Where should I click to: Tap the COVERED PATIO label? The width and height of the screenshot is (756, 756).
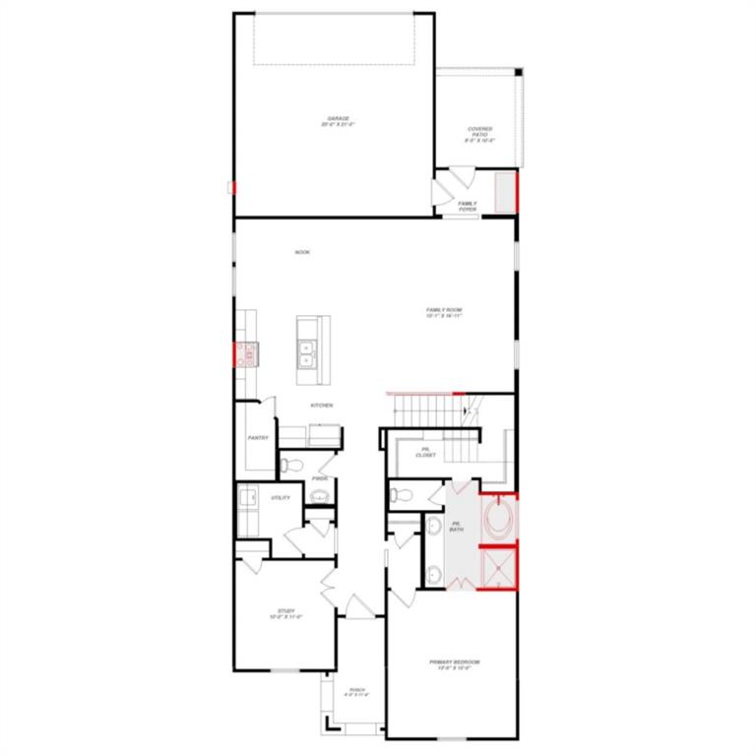(480, 134)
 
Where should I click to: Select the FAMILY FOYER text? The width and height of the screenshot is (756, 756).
(468, 206)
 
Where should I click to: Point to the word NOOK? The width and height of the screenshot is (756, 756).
(302, 253)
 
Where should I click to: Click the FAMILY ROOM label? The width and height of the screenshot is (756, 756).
(444, 312)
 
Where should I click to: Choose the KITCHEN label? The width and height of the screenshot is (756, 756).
(322, 406)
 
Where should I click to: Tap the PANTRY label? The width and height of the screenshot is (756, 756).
(258, 438)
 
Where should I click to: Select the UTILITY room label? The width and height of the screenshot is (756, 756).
(280, 498)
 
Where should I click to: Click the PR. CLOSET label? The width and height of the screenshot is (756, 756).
(426, 453)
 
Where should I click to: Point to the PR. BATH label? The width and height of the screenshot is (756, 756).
(457, 527)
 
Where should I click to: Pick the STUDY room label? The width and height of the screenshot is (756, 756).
(284, 615)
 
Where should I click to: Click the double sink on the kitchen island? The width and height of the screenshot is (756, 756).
(307, 352)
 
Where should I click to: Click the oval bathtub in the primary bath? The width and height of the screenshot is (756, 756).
(498, 518)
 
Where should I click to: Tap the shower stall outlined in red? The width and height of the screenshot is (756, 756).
(498, 566)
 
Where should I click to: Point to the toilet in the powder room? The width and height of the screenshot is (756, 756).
(288, 463)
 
